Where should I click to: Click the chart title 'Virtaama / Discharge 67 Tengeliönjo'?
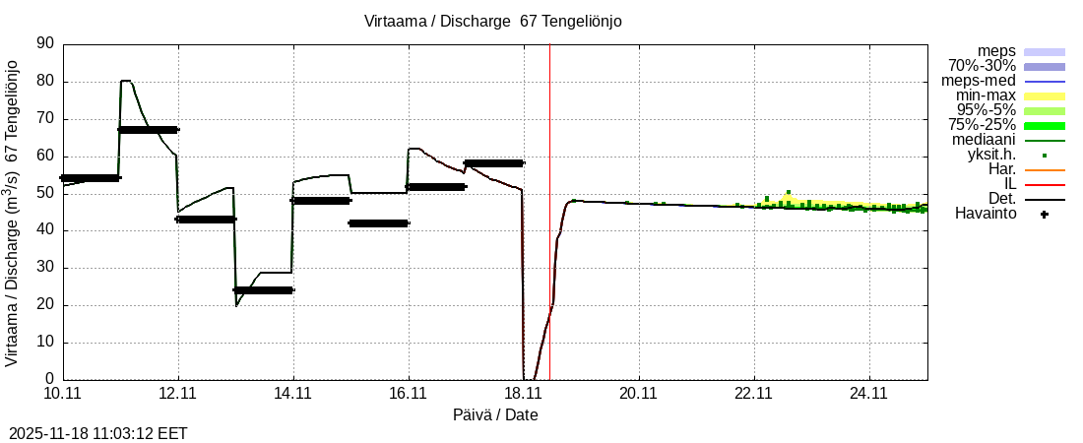click(493, 21)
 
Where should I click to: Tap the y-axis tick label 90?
click(45, 43)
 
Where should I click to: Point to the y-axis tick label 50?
click(45, 193)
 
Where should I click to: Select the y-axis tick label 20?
click(45, 305)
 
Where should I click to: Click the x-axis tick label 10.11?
click(63, 394)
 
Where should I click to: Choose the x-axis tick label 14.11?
click(292, 394)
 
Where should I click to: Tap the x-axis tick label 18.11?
click(523, 394)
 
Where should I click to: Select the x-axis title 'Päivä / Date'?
click(495, 415)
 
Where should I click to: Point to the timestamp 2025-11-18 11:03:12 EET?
click(98, 433)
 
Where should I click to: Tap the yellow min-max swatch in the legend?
click(1045, 95)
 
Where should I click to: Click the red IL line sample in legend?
click(1045, 184)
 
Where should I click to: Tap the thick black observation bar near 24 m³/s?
click(264, 289)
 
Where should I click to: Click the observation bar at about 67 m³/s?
click(148, 129)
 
